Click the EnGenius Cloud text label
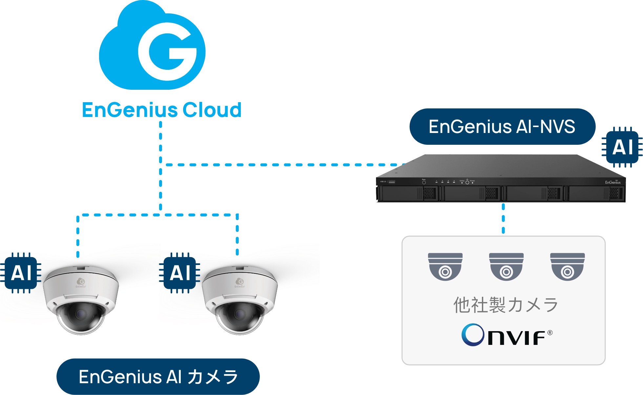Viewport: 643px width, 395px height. coord(161,110)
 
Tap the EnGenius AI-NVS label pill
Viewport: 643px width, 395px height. coord(502,127)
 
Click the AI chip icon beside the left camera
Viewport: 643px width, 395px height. coord(21,273)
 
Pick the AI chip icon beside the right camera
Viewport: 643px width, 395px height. coord(180,273)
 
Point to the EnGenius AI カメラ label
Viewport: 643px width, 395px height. coord(158,377)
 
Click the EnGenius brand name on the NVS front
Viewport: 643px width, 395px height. coord(612,182)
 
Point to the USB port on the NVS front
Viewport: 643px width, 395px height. coord(391,182)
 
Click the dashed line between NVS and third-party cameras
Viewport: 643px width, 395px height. coord(504,219)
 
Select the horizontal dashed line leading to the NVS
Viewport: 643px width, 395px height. coord(282,165)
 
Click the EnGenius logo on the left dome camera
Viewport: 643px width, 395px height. coord(81,282)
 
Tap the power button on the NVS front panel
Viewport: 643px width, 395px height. coord(467,182)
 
